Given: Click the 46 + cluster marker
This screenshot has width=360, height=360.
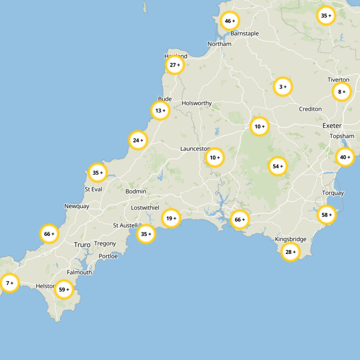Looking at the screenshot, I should [x=229, y=21].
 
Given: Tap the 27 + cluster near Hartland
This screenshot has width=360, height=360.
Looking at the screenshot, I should [x=175, y=65].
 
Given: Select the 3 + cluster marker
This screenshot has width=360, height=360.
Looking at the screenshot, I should [x=283, y=86].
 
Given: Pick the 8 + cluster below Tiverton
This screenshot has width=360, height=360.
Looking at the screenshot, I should [x=341, y=92].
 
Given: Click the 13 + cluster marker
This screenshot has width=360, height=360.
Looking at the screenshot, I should [x=160, y=110].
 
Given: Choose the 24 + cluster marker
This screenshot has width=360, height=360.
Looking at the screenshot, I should [x=138, y=140].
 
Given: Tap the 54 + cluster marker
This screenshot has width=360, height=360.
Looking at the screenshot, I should [x=277, y=166].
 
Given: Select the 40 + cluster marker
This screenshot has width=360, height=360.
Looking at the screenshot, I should [x=345, y=157].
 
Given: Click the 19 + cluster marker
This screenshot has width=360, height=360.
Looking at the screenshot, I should [x=171, y=219].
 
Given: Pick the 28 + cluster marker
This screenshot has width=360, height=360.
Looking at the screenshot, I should [x=290, y=252].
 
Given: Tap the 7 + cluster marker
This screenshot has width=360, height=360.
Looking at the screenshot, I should [x=9, y=283].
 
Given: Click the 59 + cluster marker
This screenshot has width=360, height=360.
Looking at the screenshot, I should [x=64, y=289].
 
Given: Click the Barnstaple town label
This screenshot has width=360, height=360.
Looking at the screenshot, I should [x=244, y=34].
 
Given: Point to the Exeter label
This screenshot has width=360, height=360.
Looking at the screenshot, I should [x=332, y=126].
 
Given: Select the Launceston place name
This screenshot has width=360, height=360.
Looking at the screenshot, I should [x=195, y=148].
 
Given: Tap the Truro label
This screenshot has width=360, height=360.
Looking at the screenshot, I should [x=82, y=245].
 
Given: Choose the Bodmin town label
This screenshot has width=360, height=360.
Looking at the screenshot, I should [x=136, y=192].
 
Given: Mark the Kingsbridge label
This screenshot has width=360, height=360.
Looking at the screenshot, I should [x=290, y=239].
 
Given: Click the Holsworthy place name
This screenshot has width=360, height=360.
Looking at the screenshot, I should [x=197, y=103].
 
